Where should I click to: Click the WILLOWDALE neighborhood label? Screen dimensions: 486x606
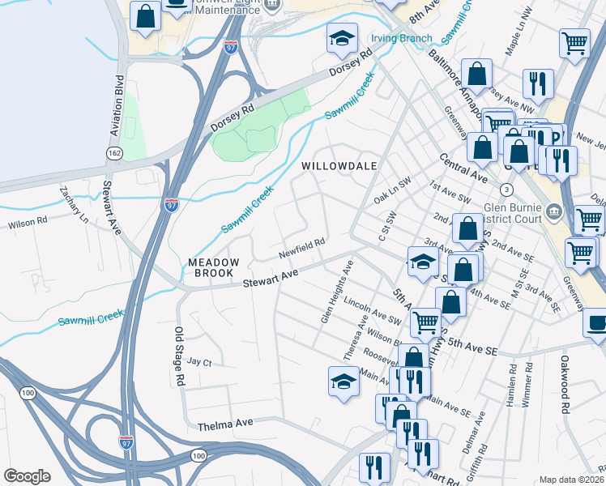click(x=339, y=165)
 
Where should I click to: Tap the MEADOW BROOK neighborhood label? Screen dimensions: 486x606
click(x=214, y=268)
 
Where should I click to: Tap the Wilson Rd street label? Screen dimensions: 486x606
click(x=28, y=220)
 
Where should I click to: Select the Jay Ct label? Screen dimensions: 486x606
click(x=198, y=362)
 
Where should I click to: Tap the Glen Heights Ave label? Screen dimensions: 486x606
click(x=336, y=292)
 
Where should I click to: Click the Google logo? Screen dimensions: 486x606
click(x=27, y=476)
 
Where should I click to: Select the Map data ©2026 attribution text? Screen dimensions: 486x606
click(x=572, y=480)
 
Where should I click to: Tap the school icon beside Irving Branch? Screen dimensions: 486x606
click(x=343, y=38)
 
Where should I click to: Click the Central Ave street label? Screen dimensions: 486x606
click(x=463, y=168)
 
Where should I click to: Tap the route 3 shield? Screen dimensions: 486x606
click(x=506, y=189)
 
